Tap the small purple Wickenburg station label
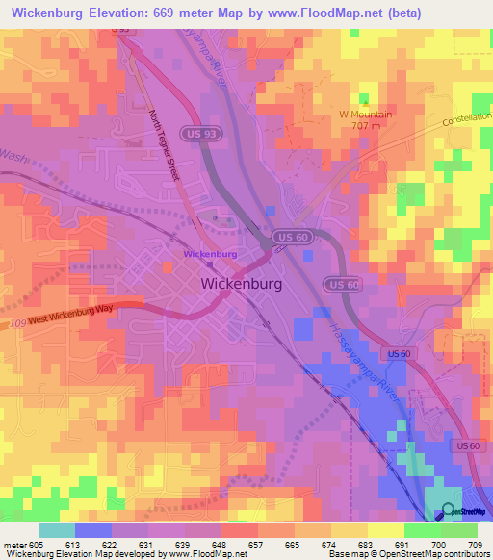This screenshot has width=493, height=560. pos(210,254)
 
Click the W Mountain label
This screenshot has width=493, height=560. pos(365,114)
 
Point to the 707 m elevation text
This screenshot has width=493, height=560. pos(366,125)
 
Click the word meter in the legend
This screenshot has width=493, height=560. pos(14,545)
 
